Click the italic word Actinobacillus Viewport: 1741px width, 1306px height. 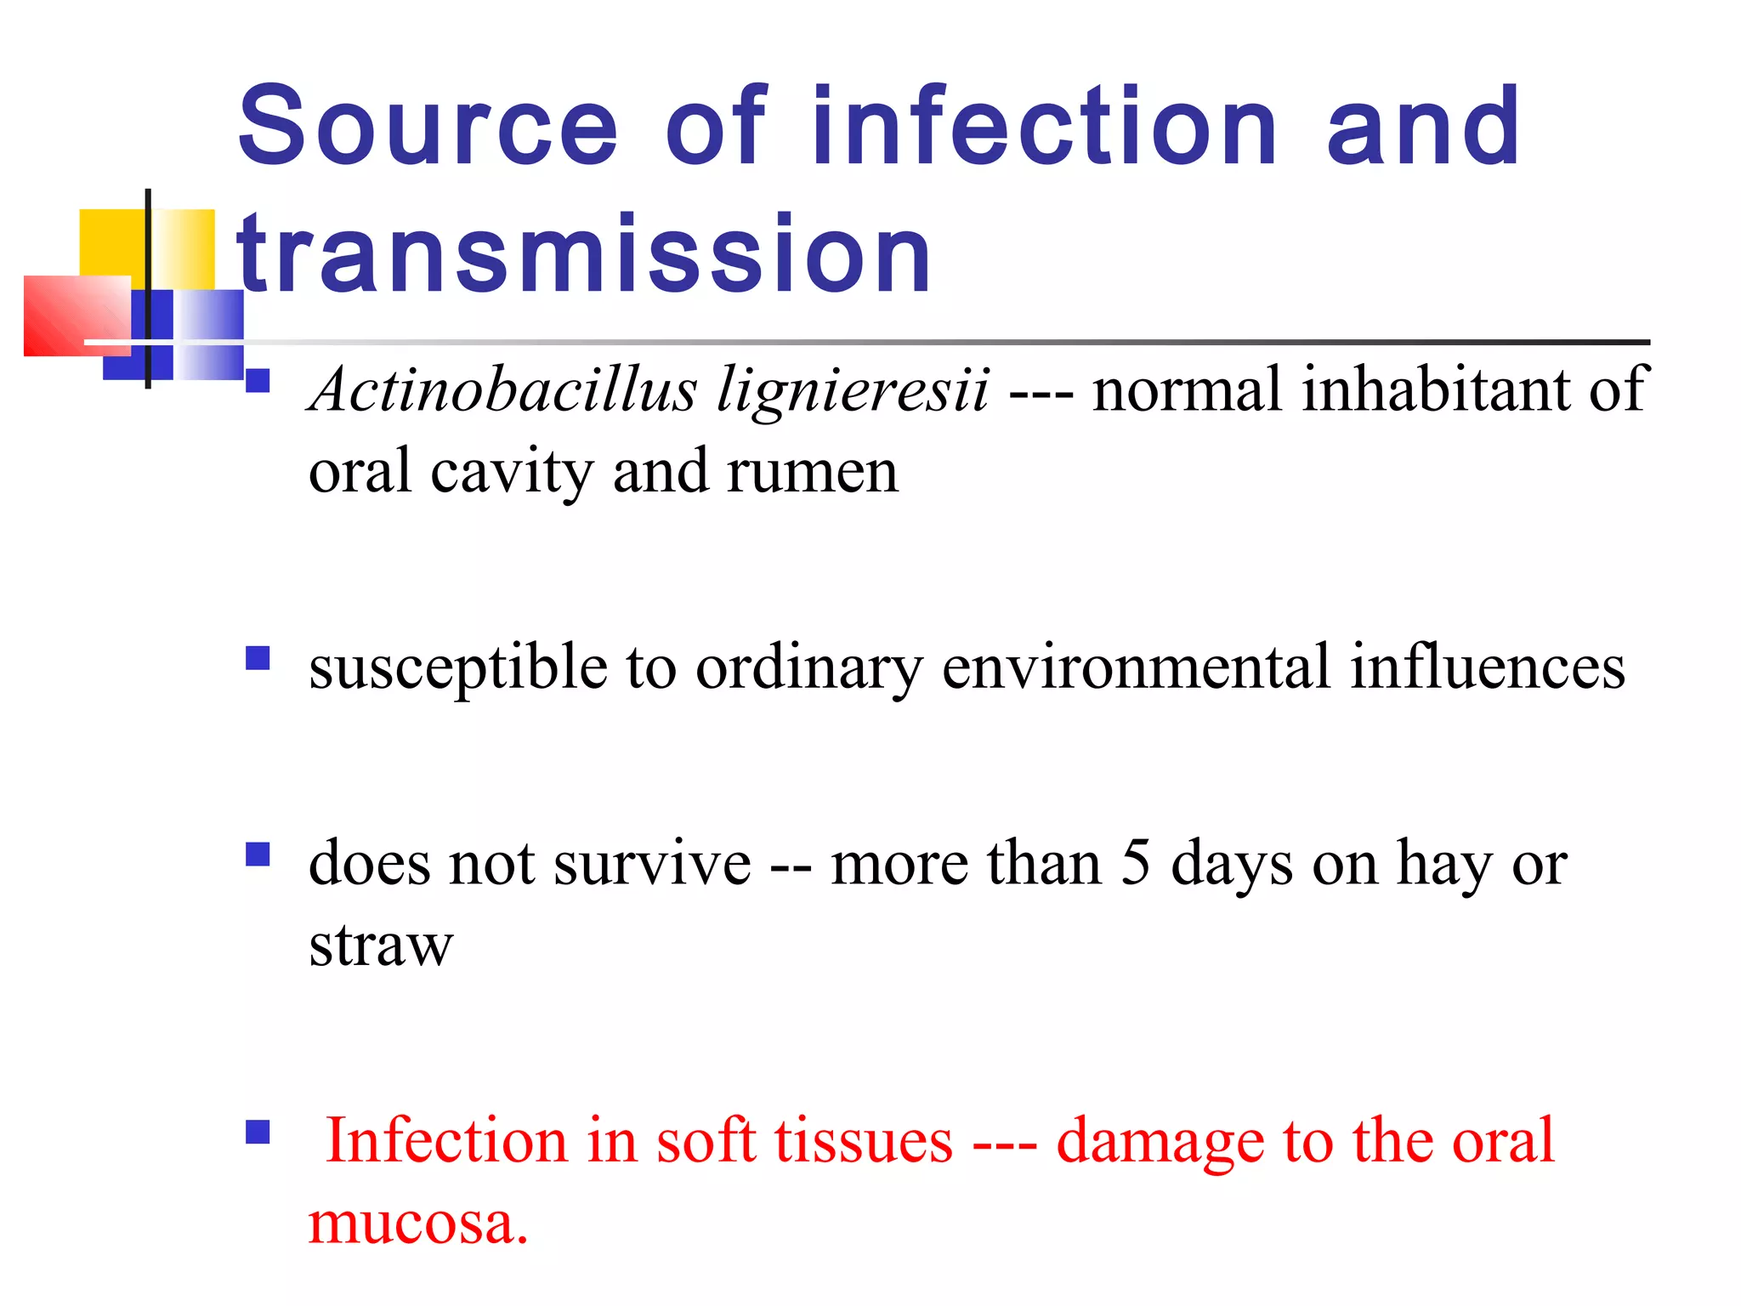point(504,390)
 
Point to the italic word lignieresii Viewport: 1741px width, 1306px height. point(853,390)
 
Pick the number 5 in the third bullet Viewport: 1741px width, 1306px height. point(1136,862)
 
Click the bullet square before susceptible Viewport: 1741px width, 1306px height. point(258,658)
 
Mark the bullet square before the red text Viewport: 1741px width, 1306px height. point(258,1132)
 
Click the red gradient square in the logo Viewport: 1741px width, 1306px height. point(77,315)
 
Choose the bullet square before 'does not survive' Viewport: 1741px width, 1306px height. point(258,854)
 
